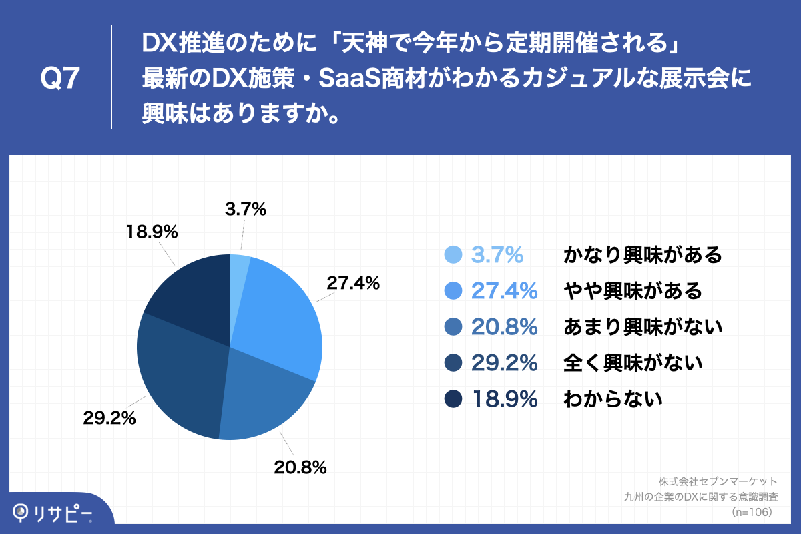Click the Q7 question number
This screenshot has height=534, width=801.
click(x=60, y=79)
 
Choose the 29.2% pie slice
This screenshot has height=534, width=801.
click(x=180, y=374)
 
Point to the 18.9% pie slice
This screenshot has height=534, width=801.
click(x=190, y=294)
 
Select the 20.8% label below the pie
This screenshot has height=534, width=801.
click(x=300, y=467)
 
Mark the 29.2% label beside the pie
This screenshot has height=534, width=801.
click(x=109, y=419)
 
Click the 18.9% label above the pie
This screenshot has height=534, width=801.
click(x=152, y=232)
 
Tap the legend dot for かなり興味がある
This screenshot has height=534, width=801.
click(x=453, y=255)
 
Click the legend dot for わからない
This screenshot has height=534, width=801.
click(x=453, y=399)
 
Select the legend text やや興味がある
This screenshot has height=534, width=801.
click(x=633, y=291)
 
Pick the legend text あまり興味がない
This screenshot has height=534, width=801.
click(x=643, y=327)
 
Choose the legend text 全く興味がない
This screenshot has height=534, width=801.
click(x=633, y=363)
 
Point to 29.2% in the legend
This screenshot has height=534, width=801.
click(x=505, y=363)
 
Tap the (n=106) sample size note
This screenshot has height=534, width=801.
click(x=752, y=512)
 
